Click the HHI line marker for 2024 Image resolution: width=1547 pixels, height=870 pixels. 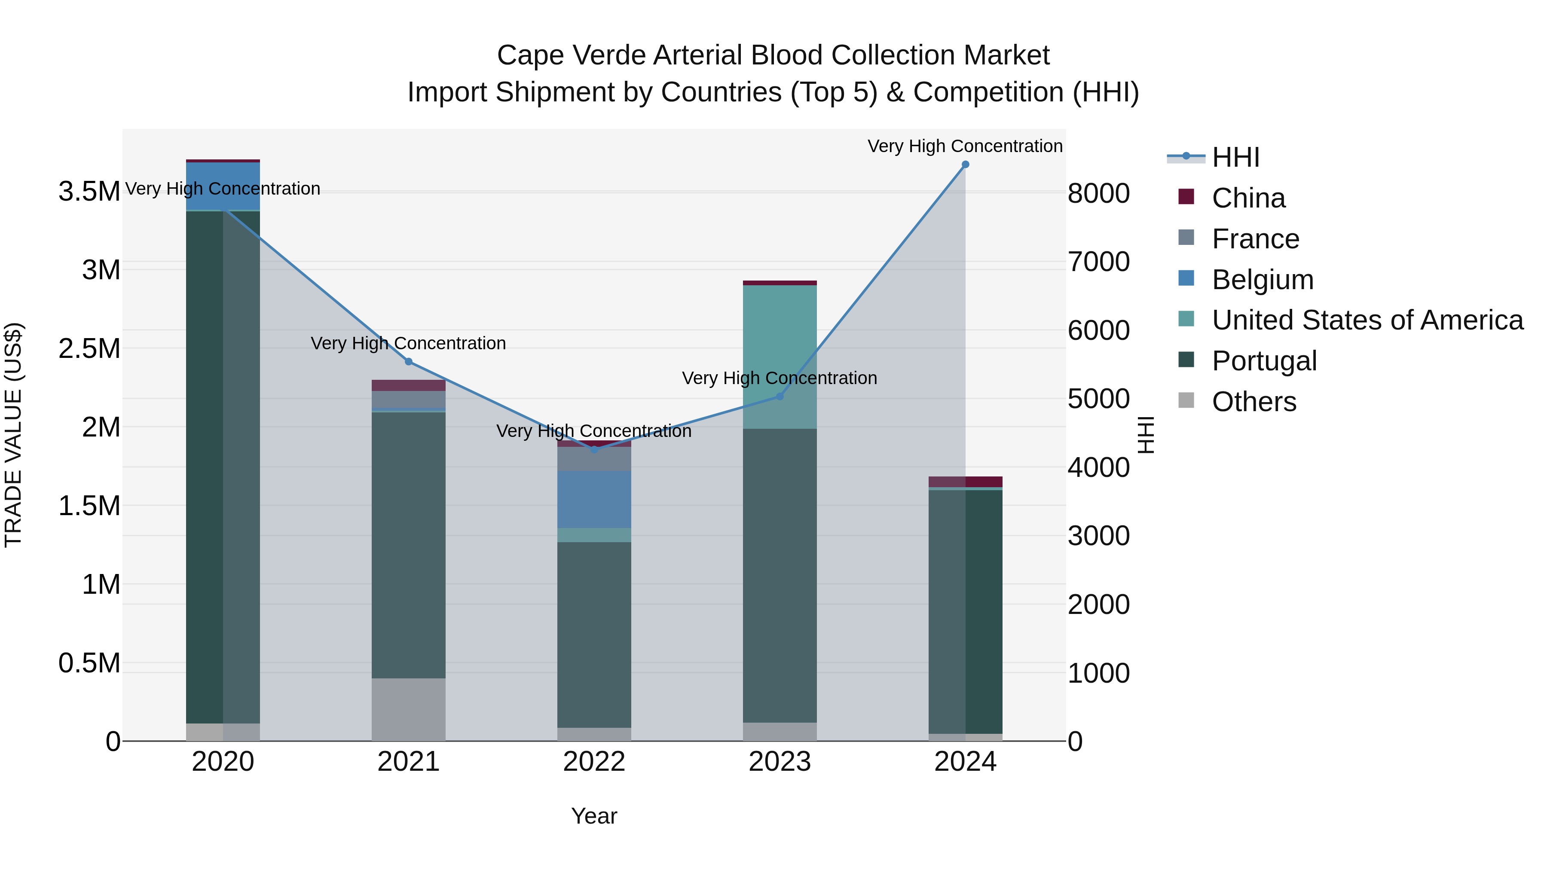(x=965, y=165)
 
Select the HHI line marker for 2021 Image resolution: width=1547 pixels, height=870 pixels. (x=408, y=361)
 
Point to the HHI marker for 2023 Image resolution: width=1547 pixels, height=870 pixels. (x=780, y=396)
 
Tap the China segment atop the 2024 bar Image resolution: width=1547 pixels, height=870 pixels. (x=965, y=482)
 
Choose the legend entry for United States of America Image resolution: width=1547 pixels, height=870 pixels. (x=1367, y=320)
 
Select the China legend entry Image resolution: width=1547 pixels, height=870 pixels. (x=1248, y=198)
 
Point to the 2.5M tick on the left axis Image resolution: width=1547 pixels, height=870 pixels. (x=89, y=349)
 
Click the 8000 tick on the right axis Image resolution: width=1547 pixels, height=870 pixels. (x=1098, y=193)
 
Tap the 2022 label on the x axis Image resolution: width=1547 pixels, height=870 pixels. (x=594, y=762)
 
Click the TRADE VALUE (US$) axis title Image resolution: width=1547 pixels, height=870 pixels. (x=13, y=435)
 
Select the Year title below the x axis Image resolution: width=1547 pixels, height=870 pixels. (x=594, y=816)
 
